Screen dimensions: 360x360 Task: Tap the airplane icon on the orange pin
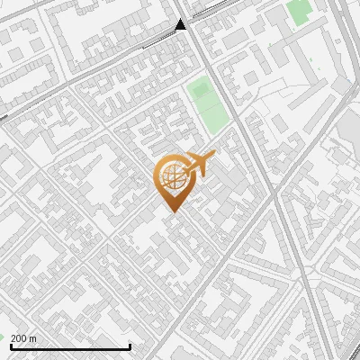tap(201, 164)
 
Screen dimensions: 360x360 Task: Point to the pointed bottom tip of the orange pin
tap(172, 211)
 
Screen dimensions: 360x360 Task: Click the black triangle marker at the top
tap(181, 24)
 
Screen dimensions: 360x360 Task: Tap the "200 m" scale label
tap(22, 338)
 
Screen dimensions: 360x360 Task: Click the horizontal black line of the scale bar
tap(67, 346)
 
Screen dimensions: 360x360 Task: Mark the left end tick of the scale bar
tap(5, 346)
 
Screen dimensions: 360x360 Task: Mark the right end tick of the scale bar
tap(130, 346)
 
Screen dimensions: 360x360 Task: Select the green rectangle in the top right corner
tap(298, 13)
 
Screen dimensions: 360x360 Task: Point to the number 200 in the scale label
tap(18, 338)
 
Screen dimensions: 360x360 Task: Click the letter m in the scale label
tap(32, 338)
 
